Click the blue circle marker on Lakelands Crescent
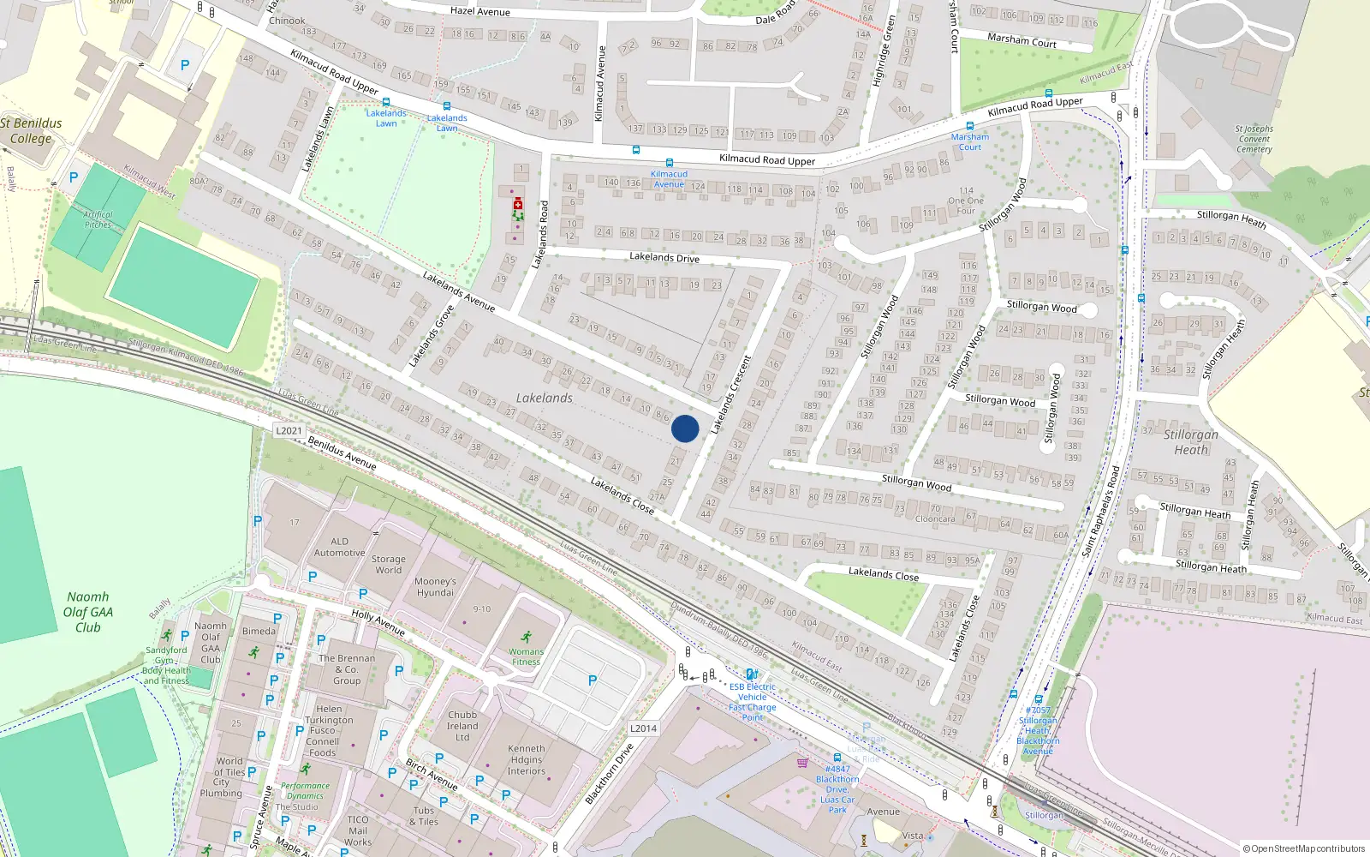pyautogui.click(x=685, y=428)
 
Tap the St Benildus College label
pyautogui.click(x=32, y=130)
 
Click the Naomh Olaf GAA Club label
pyautogui.click(x=87, y=612)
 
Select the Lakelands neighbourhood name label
pyautogui.click(x=544, y=398)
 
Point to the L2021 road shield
pyautogui.click(x=289, y=430)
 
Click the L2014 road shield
pyautogui.click(x=643, y=728)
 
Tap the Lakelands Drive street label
pyautogui.click(x=664, y=257)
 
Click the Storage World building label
pyautogui.click(x=388, y=564)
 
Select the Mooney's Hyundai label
pyautogui.click(x=435, y=587)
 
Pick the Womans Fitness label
pyautogui.click(x=526, y=656)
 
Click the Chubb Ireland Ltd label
pyautogui.click(x=462, y=726)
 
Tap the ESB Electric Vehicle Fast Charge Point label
pyautogui.click(x=752, y=702)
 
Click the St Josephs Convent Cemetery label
pyautogui.click(x=1254, y=139)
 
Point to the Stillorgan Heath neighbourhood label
pyautogui.click(x=1190, y=442)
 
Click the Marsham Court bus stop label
pyautogui.click(x=969, y=141)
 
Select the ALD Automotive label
pyautogui.click(x=339, y=547)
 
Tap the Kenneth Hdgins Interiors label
pyautogui.click(x=526, y=759)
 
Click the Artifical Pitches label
pyautogui.click(x=98, y=219)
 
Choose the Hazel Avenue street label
pyautogui.click(x=479, y=11)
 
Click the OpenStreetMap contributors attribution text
pyautogui.click(x=1303, y=848)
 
